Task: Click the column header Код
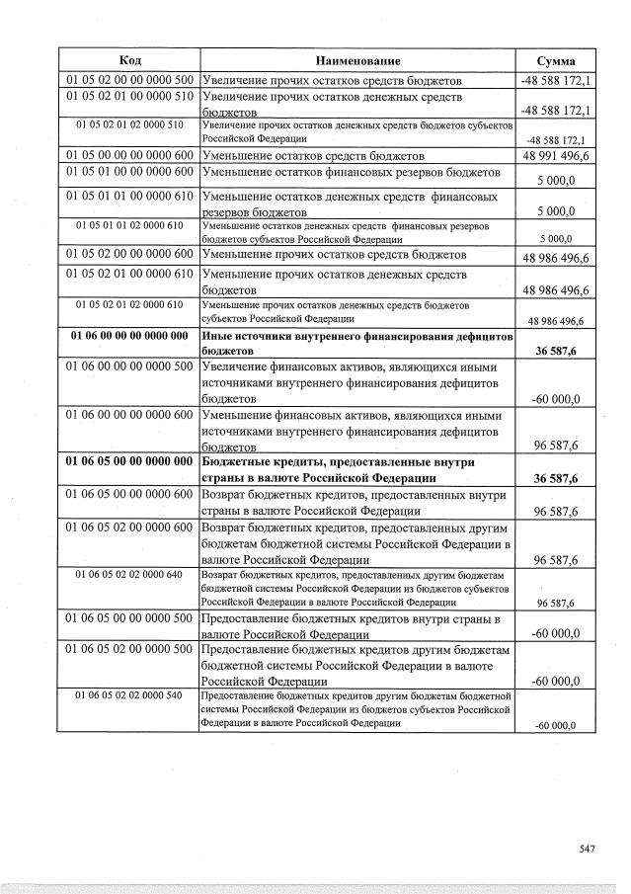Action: coord(128,60)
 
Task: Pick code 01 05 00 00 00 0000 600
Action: coord(128,155)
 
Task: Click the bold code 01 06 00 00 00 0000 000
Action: coord(128,336)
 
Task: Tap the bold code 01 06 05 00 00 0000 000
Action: coord(128,460)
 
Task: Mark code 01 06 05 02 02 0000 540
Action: coord(128,696)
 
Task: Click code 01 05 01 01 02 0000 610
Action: coord(128,225)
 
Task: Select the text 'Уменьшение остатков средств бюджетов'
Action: coord(313,156)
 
